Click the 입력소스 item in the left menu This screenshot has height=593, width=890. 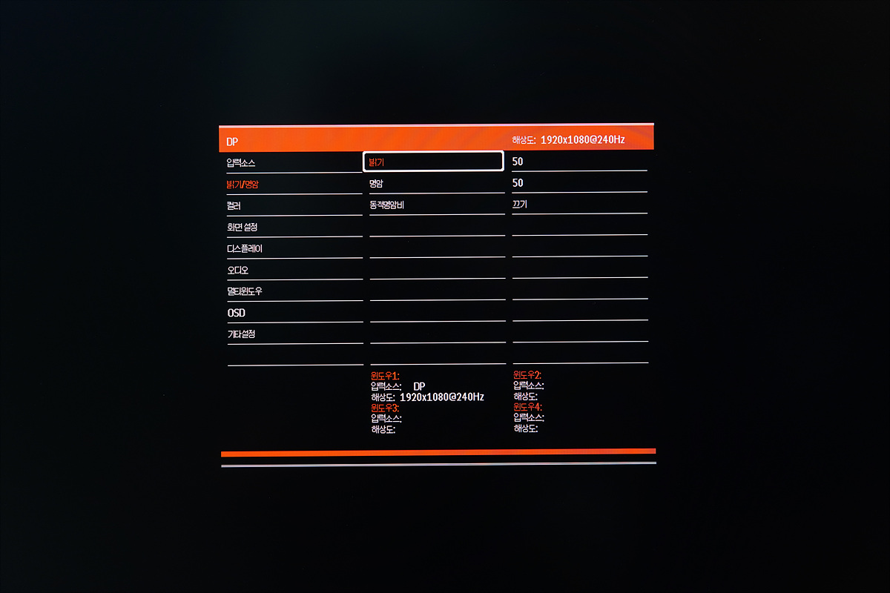point(241,162)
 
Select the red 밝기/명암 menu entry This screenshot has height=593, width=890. point(243,184)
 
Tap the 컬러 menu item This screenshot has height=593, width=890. point(234,205)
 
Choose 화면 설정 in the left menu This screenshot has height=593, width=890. point(242,227)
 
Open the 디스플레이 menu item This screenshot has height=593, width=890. point(245,248)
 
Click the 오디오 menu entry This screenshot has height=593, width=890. point(238,270)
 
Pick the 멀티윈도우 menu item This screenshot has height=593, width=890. point(245,291)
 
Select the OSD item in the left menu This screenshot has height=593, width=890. point(236,313)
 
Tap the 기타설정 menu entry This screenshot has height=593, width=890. point(241,334)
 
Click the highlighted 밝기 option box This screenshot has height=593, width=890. point(433,161)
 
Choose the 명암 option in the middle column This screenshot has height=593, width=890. point(376,182)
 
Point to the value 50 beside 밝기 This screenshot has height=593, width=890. point(518,161)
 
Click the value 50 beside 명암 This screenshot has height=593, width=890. point(518,182)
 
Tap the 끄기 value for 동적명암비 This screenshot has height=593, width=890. point(519,204)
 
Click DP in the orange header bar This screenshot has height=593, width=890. point(232,142)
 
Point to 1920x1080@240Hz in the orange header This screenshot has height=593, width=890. point(582,139)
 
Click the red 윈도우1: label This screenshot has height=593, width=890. point(385,376)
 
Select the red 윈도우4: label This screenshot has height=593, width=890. point(527,407)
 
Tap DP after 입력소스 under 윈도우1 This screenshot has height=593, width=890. point(420,386)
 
